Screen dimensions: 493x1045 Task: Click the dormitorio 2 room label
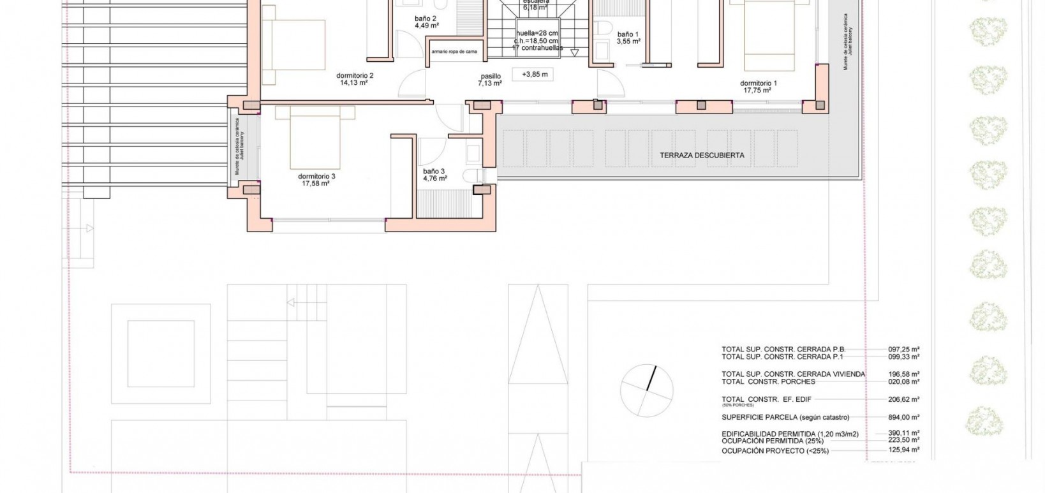[355, 75]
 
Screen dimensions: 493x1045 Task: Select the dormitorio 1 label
[758, 83]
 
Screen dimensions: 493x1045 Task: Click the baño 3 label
[434, 171]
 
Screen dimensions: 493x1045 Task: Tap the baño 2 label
[426, 18]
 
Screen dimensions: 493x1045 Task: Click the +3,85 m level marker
[535, 75]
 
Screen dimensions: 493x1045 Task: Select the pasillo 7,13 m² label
[491, 79]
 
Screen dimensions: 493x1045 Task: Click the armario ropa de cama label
[454, 51]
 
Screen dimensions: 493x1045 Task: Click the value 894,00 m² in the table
[903, 417]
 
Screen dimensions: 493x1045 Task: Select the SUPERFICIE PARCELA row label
[785, 417]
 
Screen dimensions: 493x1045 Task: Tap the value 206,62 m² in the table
[903, 399]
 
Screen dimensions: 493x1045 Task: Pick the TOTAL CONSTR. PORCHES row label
[768, 381]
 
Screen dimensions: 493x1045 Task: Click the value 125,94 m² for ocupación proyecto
[903, 450]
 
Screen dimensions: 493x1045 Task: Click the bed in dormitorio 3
[315, 137]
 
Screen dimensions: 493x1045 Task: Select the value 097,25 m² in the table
[903, 350]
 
